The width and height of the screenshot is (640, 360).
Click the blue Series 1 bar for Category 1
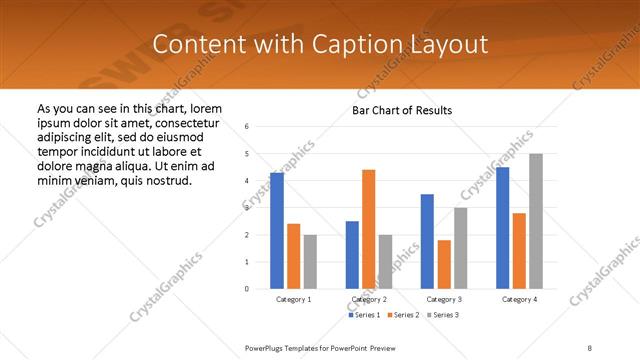tap(277, 231)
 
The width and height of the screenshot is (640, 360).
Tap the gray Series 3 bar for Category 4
tap(536, 221)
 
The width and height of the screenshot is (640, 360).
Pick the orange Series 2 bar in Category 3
tap(444, 264)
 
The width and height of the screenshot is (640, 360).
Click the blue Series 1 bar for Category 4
tap(502, 228)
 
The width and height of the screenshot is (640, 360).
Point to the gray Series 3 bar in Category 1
tap(310, 262)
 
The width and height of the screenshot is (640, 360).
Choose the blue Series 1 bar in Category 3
tap(427, 241)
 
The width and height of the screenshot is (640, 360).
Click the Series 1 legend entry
tap(364, 315)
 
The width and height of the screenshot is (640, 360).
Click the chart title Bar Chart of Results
tap(401, 110)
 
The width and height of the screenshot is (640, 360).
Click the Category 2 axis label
tap(368, 299)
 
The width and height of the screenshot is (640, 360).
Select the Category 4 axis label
tap(519, 299)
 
